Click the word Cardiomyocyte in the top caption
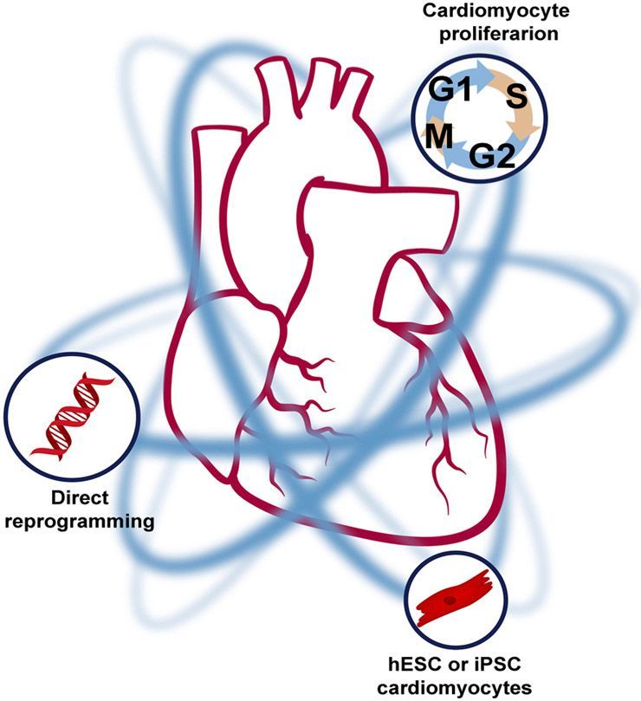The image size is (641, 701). tap(479, 12)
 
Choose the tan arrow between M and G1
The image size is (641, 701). tap(433, 111)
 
